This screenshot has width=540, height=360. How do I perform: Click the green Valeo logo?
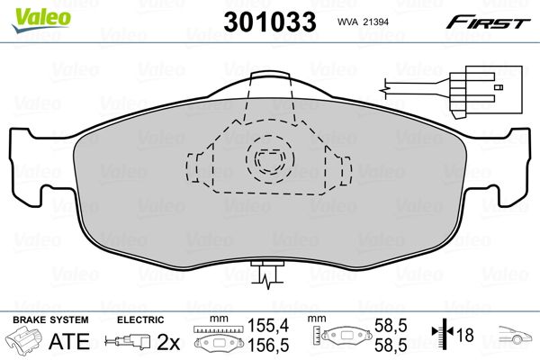[41, 20]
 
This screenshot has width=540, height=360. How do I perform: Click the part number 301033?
[270, 22]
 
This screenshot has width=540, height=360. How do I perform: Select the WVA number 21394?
[376, 22]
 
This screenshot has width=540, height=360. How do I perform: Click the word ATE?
[69, 341]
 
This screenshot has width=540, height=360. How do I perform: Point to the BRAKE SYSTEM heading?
[50, 319]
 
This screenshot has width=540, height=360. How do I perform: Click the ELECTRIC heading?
[140, 319]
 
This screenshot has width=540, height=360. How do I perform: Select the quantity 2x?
[168, 342]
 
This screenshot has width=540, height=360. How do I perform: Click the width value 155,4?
[268, 325]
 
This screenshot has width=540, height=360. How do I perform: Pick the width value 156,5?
[268, 345]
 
